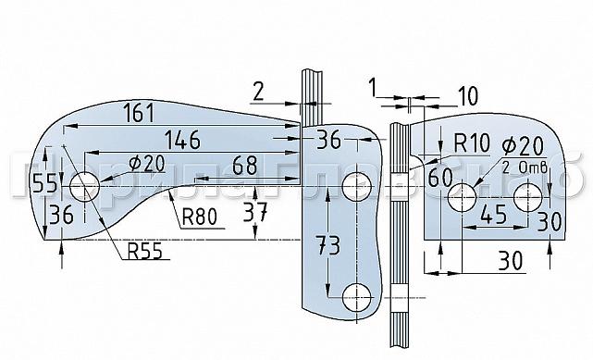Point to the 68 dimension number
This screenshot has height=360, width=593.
point(244,166)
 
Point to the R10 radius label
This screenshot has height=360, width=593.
point(472,143)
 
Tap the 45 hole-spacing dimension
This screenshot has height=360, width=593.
point(494,216)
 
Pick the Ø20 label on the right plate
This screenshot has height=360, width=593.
point(521,147)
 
